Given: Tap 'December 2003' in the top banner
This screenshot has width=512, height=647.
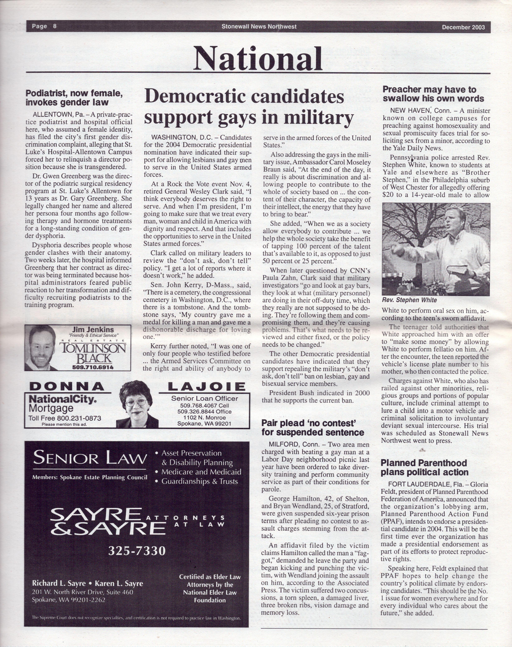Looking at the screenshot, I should pyautogui.click(x=463, y=27).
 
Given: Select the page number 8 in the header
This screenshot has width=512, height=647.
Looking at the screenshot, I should pyautogui.click(x=55, y=26).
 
